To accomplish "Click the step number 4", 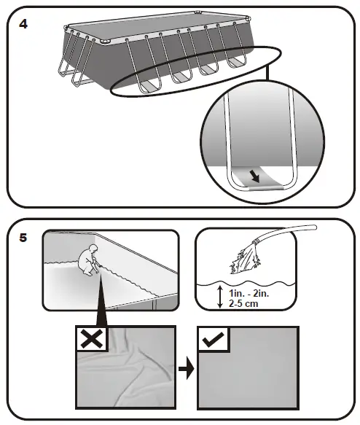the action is pyautogui.click(x=23, y=24).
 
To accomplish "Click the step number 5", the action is pyautogui.click(x=23, y=238).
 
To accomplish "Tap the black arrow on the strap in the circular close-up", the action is pyautogui.click(x=254, y=177).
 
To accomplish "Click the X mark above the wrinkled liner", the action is pyautogui.click(x=92, y=339).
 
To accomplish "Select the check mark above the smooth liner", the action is pyautogui.click(x=214, y=340).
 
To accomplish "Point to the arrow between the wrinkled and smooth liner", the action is pyautogui.click(x=186, y=369).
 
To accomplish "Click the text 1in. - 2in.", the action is pyautogui.click(x=249, y=293).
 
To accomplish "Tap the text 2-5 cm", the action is pyautogui.click(x=243, y=303).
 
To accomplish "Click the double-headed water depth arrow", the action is pyautogui.click(x=220, y=297).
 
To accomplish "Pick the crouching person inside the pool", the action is pyautogui.click(x=89, y=260).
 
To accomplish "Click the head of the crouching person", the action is pyautogui.click(x=93, y=248).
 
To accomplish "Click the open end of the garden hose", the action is pyautogui.click(x=314, y=227).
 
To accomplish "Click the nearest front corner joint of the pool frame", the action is pyautogui.click(x=106, y=41).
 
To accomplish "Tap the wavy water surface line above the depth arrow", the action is pyautogui.click(x=246, y=284).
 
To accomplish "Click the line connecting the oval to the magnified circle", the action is pyautogui.click(x=267, y=73).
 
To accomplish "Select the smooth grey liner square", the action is pyautogui.click(x=248, y=368).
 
